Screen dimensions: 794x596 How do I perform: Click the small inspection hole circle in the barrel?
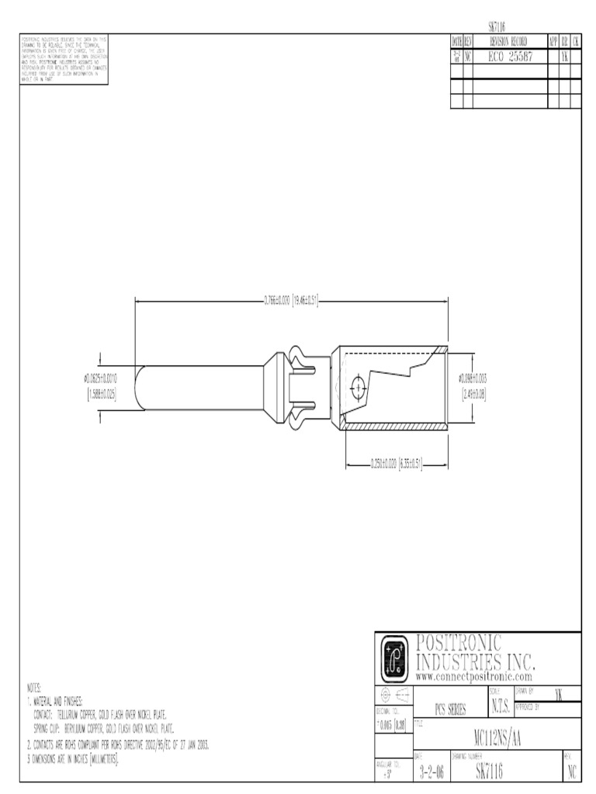point(358,385)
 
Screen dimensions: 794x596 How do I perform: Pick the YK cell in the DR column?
point(564,57)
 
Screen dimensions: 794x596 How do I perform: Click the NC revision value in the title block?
point(571,771)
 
